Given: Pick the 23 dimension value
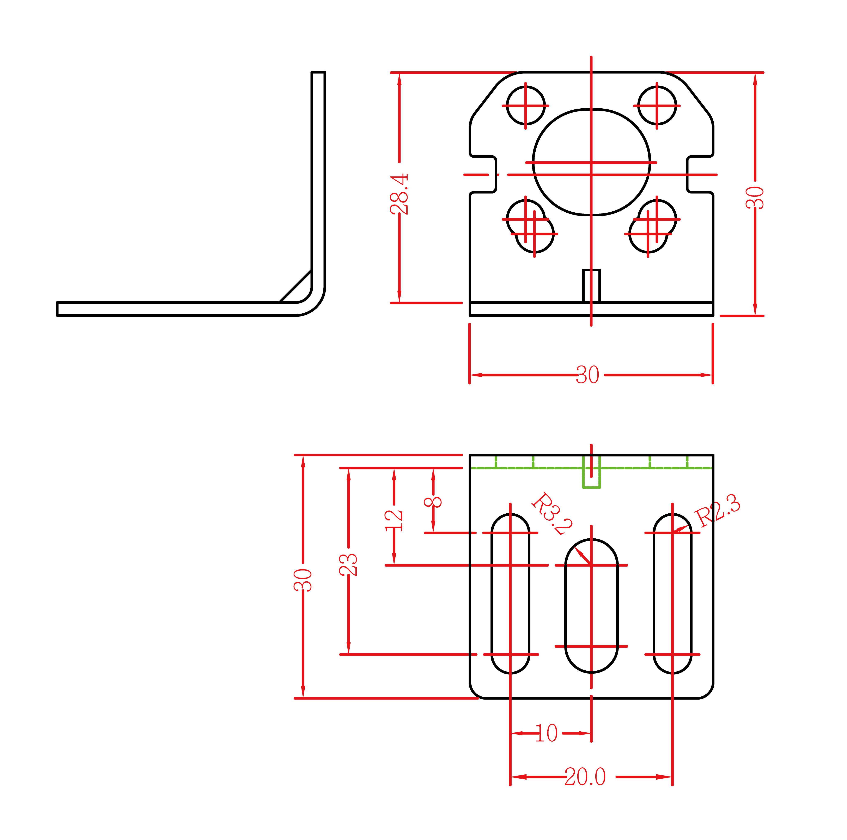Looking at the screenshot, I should coord(348,564).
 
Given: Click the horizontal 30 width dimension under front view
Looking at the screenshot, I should coord(587,375).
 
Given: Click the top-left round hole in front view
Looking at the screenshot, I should coord(526,105).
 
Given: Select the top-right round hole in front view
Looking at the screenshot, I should coord(657,105).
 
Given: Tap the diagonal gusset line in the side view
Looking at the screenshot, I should coord(295,286).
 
